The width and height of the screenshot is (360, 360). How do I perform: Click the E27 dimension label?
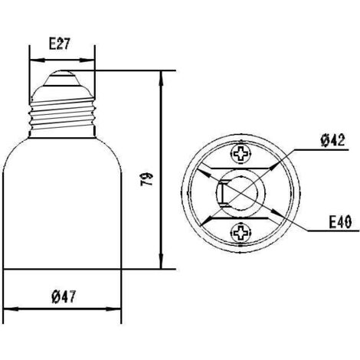click(61, 44)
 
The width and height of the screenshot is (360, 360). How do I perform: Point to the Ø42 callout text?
click(333, 140)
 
